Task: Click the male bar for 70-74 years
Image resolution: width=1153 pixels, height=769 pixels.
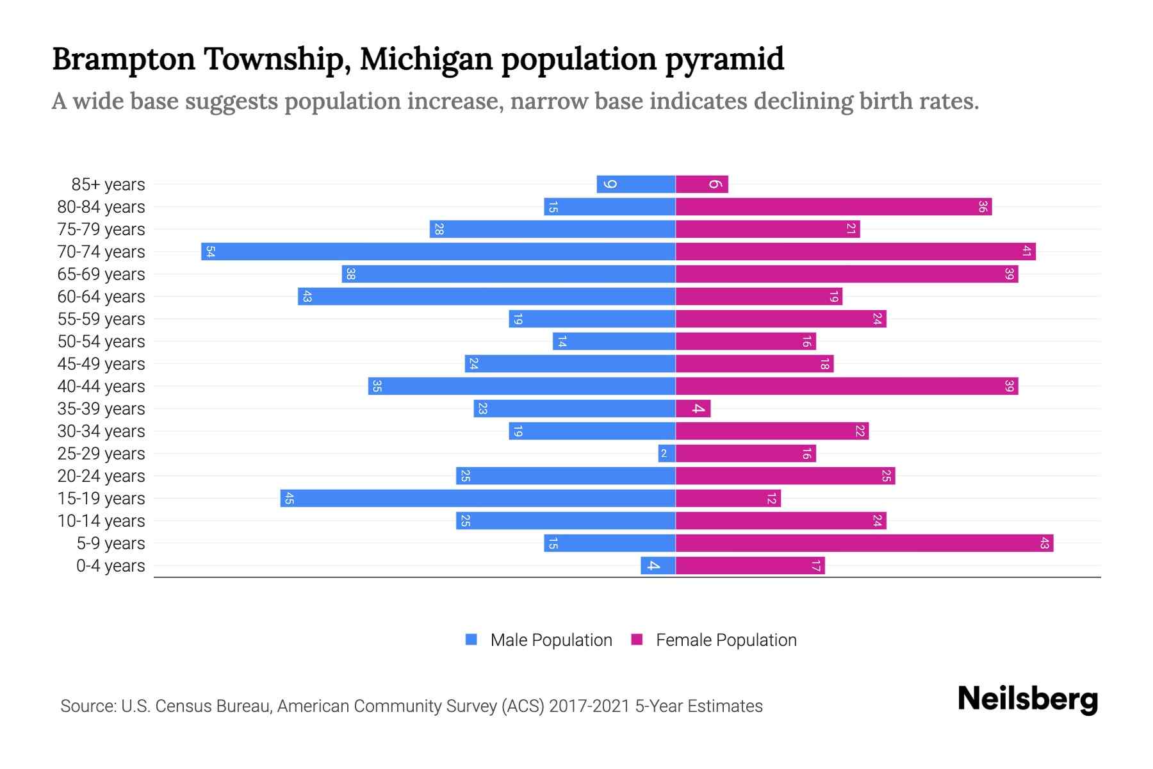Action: tap(438, 251)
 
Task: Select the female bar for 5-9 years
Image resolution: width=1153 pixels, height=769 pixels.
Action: tap(864, 543)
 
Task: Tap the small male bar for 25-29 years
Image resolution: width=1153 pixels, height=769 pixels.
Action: tap(667, 454)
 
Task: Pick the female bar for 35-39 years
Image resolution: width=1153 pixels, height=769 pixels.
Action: tap(693, 409)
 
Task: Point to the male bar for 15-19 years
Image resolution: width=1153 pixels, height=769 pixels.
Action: tap(478, 499)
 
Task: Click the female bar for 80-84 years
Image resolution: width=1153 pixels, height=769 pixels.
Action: tap(833, 207)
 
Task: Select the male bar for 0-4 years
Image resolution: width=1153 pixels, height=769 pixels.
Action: tap(658, 566)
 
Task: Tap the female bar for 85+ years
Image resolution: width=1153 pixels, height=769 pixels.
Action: tap(701, 185)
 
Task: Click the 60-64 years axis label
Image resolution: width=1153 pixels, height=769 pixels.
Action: tap(101, 297)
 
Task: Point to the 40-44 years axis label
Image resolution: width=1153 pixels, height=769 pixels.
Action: tap(101, 386)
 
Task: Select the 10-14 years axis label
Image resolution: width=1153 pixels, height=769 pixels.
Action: tap(101, 521)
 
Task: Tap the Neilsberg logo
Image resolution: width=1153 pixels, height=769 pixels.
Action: tap(1027, 699)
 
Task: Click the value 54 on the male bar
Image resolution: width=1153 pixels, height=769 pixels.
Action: tap(210, 251)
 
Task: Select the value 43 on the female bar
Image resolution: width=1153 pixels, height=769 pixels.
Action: tap(1044, 543)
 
